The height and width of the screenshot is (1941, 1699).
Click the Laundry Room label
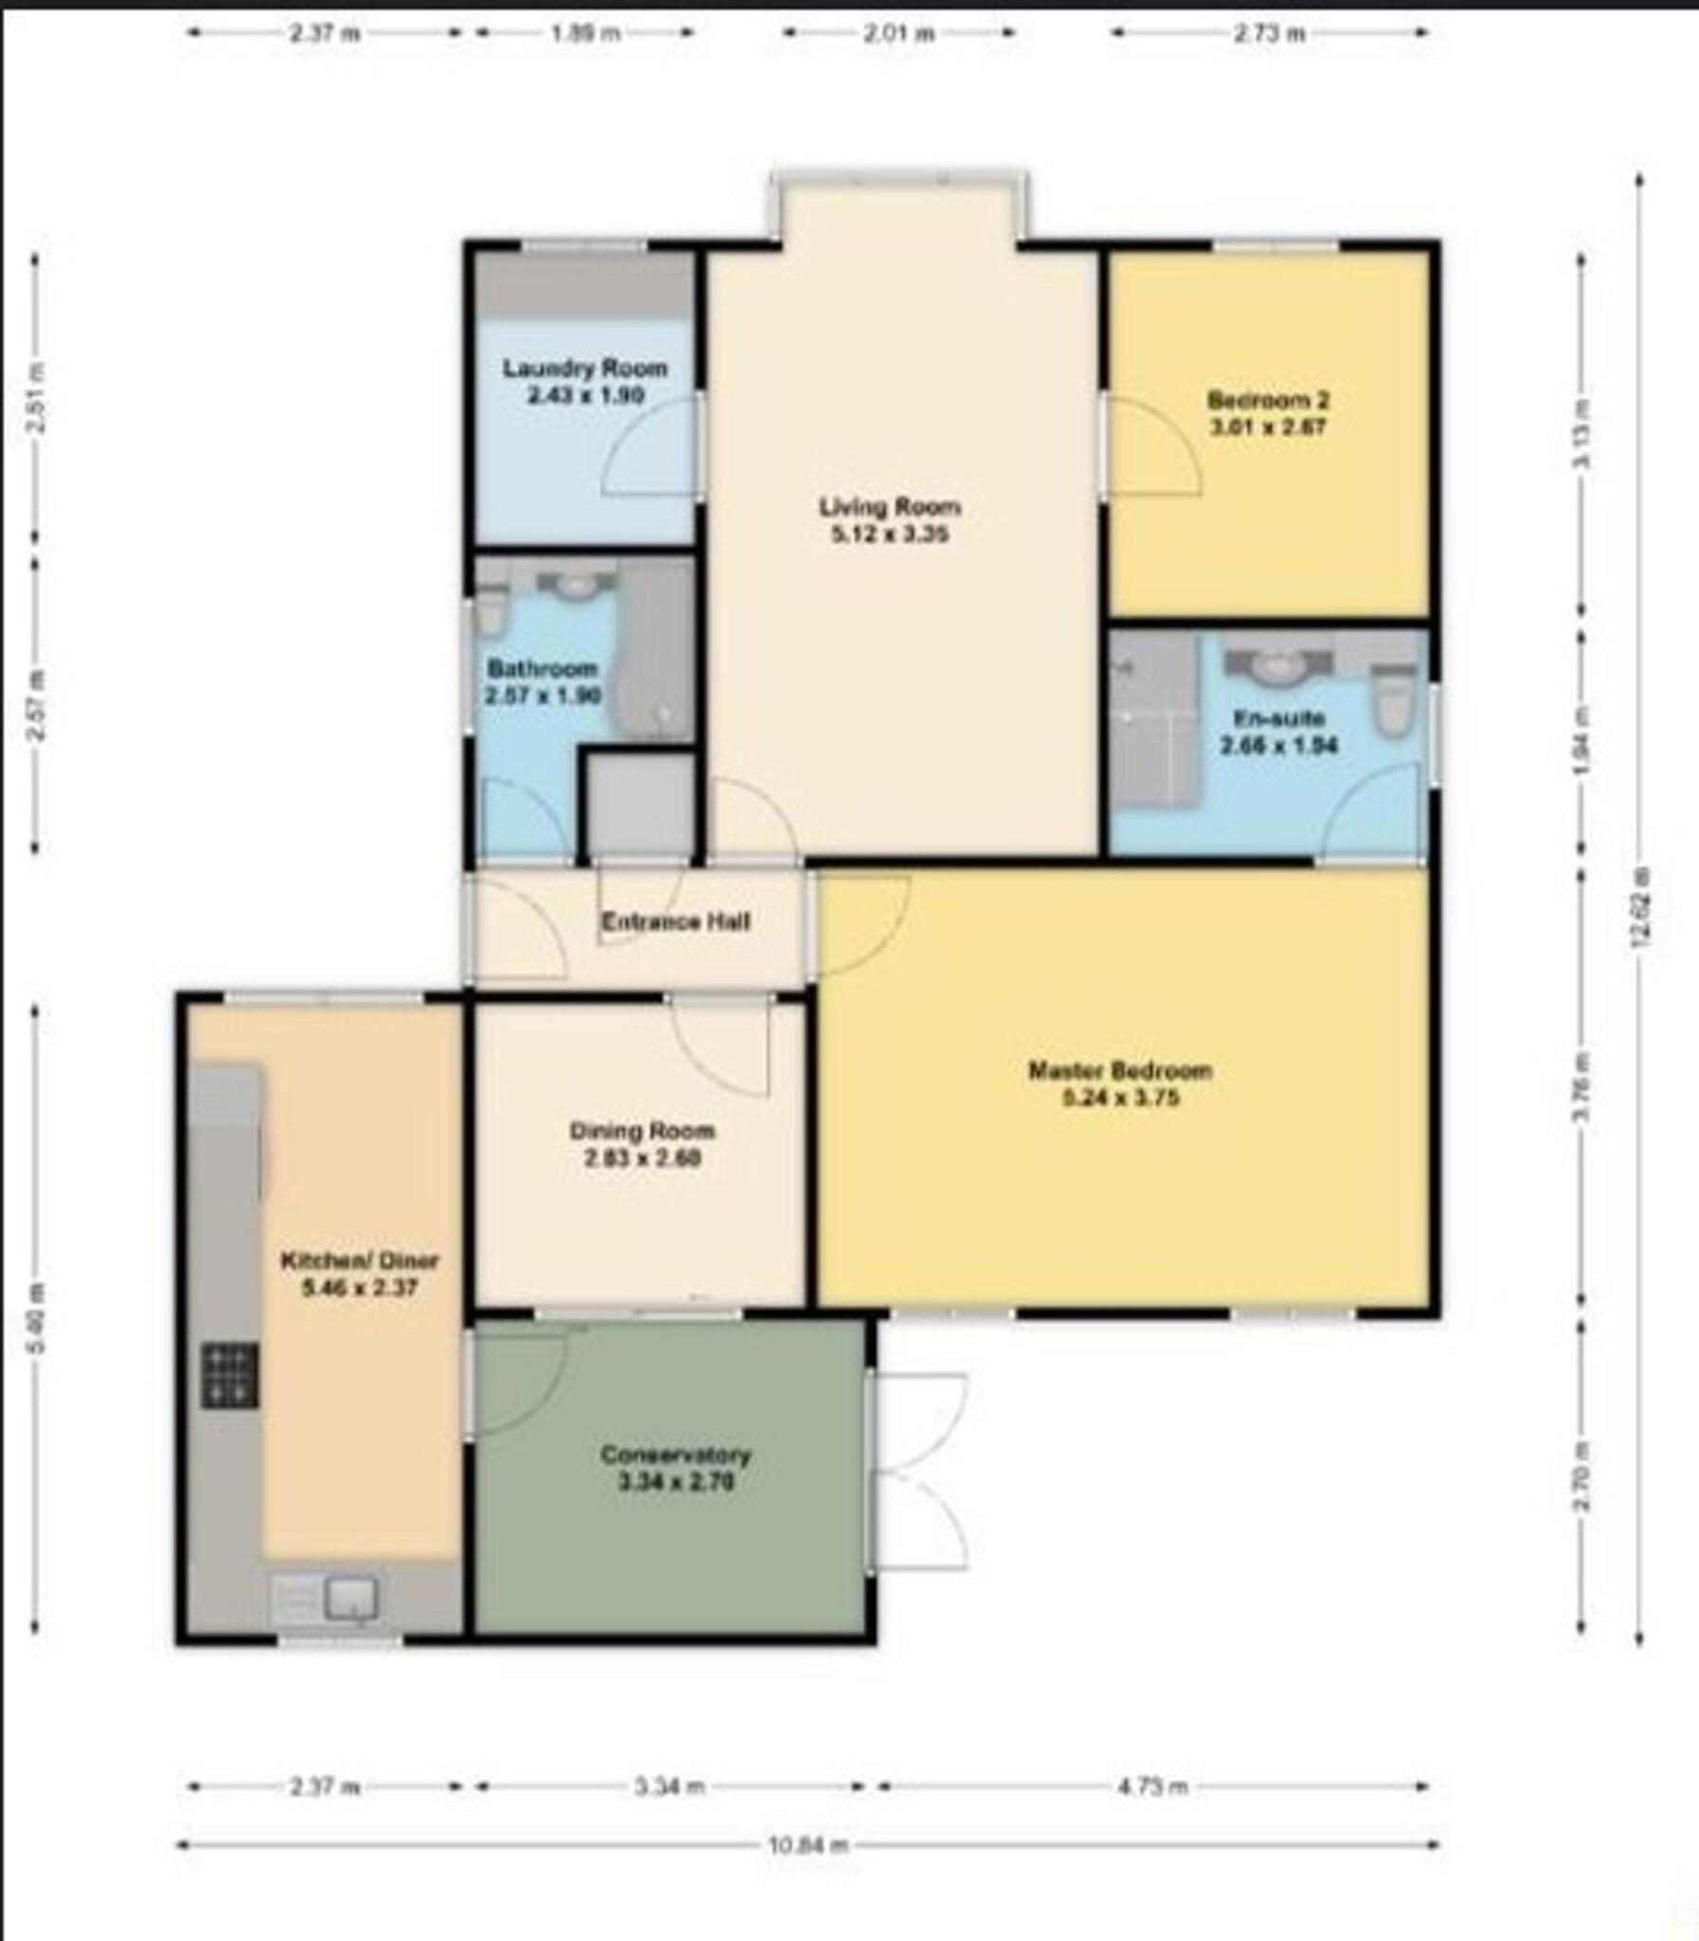point(585,368)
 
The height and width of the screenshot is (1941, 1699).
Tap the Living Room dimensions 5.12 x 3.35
point(890,535)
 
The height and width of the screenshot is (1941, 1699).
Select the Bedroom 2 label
point(1267,399)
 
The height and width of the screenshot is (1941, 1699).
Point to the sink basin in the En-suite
point(1276,664)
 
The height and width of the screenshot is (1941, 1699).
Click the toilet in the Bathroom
point(490,609)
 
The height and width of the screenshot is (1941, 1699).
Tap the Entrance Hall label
point(676,921)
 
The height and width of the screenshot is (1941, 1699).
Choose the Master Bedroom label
point(1120,1071)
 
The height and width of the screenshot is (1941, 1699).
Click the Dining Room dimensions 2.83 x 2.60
point(642,1158)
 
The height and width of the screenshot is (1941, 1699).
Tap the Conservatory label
point(675,1455)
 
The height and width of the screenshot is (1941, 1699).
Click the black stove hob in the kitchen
point(228,1375)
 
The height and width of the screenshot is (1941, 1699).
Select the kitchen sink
point(352,1598)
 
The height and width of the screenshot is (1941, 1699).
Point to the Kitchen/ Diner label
point(359,1261)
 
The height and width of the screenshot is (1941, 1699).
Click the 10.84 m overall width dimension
point(807,1845)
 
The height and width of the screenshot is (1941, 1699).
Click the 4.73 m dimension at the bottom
point(1151,1787)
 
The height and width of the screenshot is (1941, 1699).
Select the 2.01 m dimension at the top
point(899,34)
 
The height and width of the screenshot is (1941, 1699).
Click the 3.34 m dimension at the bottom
point(669,1787)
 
